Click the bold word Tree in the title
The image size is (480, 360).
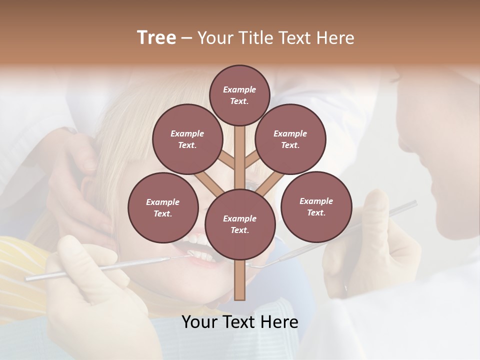pyautogui.click(x=156, y=37)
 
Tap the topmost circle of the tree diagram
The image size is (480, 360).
pyautogui.click(x=239, y=95)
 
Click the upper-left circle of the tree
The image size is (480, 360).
pyautogui.click(x=187, y=139)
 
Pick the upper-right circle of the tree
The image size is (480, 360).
pyautogui.click(x=290, y=139)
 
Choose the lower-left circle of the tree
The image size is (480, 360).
pyautogui.click(x=162, y=207)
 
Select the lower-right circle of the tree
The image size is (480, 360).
pyautogui.click(x=316, y=206)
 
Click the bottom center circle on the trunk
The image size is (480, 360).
pyautogui.click(x=239, y=224)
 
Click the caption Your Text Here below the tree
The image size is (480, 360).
pyautogui.click(x=239, y=322)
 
